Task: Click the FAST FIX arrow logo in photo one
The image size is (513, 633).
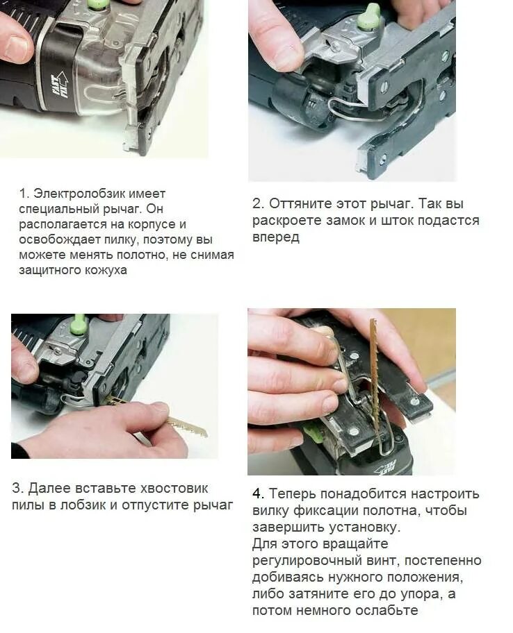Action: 60,85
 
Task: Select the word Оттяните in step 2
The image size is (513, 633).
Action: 299,204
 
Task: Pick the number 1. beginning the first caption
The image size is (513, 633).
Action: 24,194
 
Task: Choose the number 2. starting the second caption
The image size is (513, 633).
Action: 259,203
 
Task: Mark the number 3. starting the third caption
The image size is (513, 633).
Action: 18,488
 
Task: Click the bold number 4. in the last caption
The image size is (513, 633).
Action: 259,493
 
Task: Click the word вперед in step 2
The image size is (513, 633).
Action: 276,237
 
